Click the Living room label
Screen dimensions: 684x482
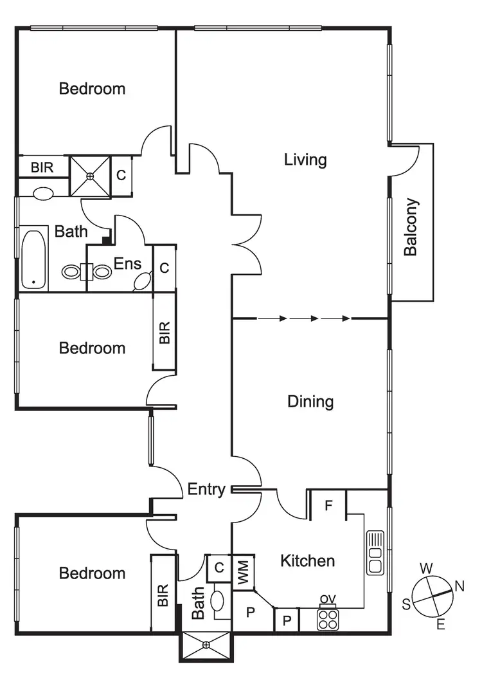(305, 160)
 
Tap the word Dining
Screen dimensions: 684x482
(310, 402)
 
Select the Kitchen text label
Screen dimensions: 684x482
(308, 561)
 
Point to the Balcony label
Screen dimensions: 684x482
(411, 227)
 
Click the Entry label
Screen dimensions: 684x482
(206, 490)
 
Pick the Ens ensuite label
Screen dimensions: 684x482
(127, 263)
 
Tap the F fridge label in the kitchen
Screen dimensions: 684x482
(328, 506)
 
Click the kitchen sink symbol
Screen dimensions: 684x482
(375, 552)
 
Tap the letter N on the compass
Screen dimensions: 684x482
(460, 586)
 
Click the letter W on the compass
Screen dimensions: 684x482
(425, 568)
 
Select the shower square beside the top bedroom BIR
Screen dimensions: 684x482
(91, 175)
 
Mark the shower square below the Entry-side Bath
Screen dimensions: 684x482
(206, 646)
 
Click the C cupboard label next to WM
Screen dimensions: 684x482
(219, 568)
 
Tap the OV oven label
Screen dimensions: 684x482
(328, 601)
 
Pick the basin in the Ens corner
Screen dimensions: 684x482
(142, 281)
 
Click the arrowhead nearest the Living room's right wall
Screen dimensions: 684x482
(346, 319)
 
